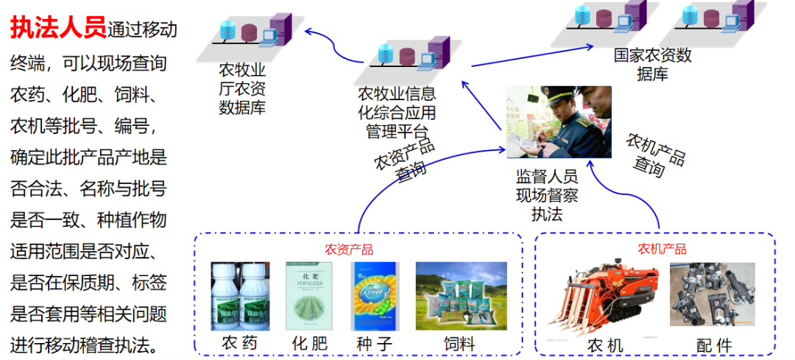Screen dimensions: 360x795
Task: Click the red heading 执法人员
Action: click(57, 28)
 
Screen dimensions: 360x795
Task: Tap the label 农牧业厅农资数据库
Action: click(242, 89)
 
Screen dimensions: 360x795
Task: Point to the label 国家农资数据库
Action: click(653, 64)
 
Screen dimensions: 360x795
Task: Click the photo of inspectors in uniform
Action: click(558, 121)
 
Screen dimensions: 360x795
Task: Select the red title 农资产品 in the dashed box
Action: click(349, 250)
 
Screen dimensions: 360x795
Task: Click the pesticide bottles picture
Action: click(240, 295)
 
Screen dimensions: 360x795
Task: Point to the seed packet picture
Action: click(374, 296)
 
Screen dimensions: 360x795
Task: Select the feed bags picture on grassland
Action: click(461, 295)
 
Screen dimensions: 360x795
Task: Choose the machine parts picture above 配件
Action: click(712, 294)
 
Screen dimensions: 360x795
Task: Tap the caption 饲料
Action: click(459, 344)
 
